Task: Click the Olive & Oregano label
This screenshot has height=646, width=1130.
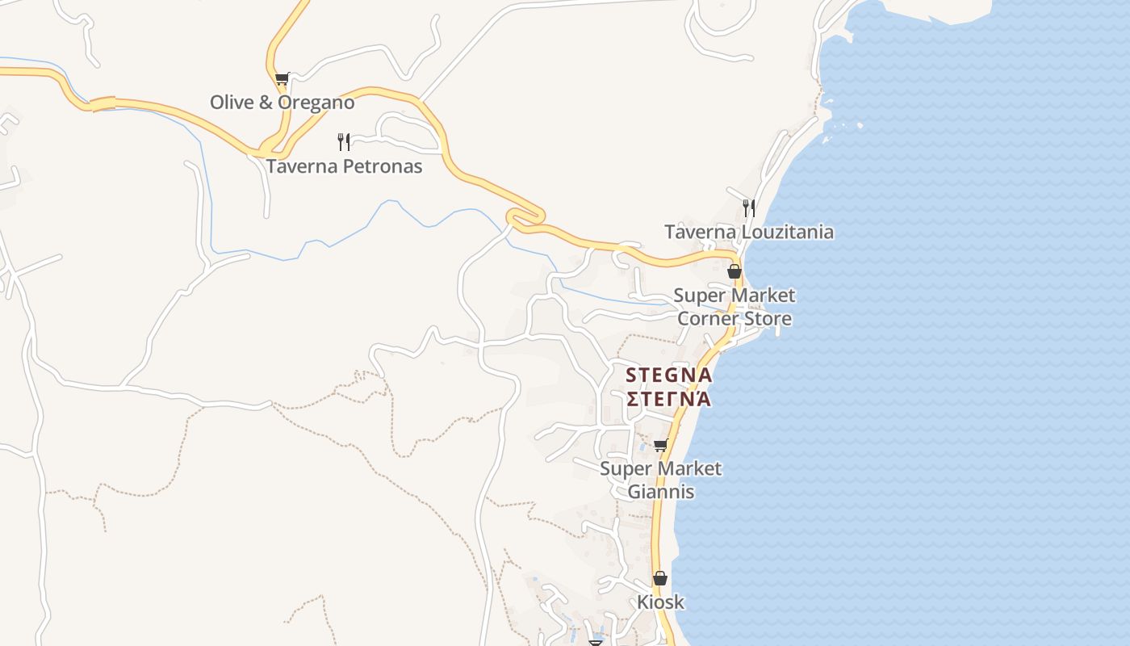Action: [282, 103]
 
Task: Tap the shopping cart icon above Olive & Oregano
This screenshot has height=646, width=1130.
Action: [282, 79]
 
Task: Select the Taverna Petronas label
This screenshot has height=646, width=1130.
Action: [344, 166]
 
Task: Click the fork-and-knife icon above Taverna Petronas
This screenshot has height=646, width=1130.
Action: [344, 142]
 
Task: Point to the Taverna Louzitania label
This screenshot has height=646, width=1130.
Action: [749, 233]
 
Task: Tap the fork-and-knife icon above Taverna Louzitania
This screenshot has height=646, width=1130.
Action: [749, 208]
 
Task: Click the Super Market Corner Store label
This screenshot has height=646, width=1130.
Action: [734, 307]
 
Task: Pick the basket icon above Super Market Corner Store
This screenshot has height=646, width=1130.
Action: [734, 271]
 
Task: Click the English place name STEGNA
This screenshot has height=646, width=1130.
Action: [669, 375]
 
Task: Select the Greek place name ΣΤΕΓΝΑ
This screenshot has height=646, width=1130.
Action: [669, 399]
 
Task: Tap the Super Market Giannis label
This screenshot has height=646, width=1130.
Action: [661, 480]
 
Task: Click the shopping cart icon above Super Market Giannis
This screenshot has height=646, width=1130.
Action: [661, 445]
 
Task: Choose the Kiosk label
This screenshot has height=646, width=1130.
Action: [660, 602]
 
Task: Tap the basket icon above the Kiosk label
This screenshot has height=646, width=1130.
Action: [660, 578]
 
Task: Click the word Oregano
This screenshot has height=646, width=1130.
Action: [316, 103]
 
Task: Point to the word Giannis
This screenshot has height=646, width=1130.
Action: [661, 491]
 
